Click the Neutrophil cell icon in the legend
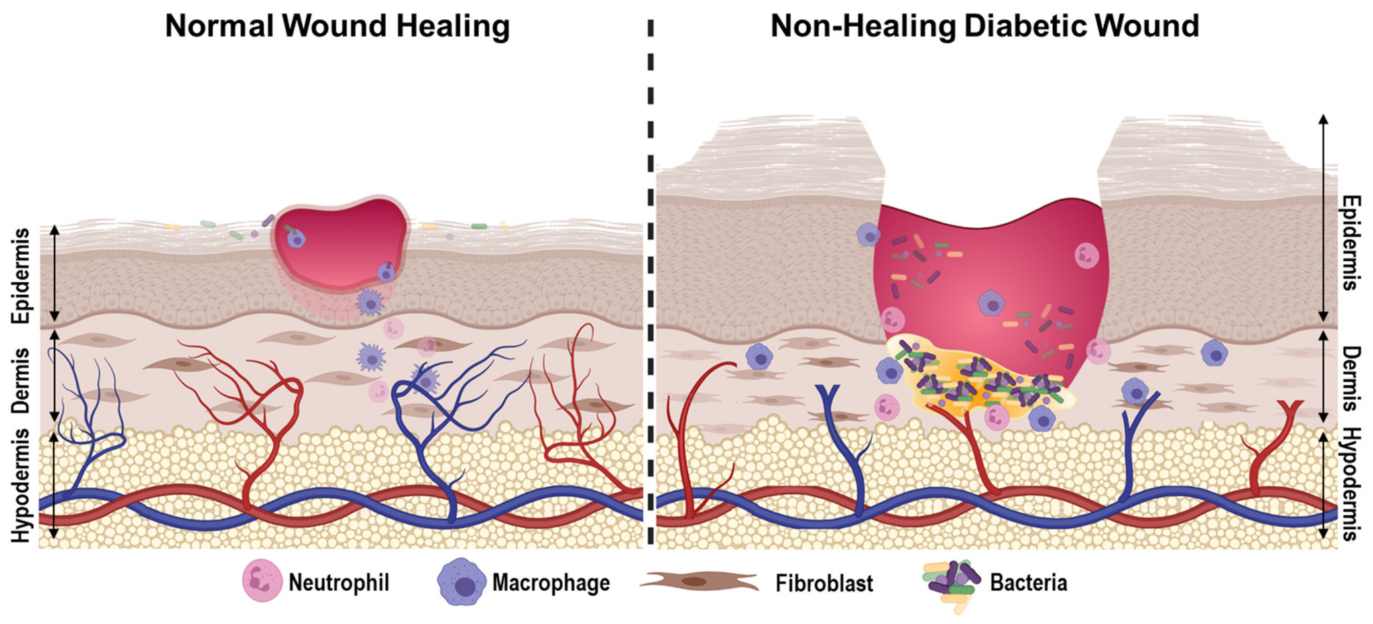(262, 580)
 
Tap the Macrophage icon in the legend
(461, 582)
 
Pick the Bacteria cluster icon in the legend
(951, 582)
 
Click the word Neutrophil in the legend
(339, 582)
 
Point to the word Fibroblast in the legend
(824, 583)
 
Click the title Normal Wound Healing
(337, 27)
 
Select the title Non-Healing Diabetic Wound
(984, 27)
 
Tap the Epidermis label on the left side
(22, 276)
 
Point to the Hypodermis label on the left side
(22, 485)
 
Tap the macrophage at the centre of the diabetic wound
(992, 303)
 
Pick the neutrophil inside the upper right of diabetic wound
(1086, 256)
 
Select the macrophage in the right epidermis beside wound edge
(869, 235)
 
